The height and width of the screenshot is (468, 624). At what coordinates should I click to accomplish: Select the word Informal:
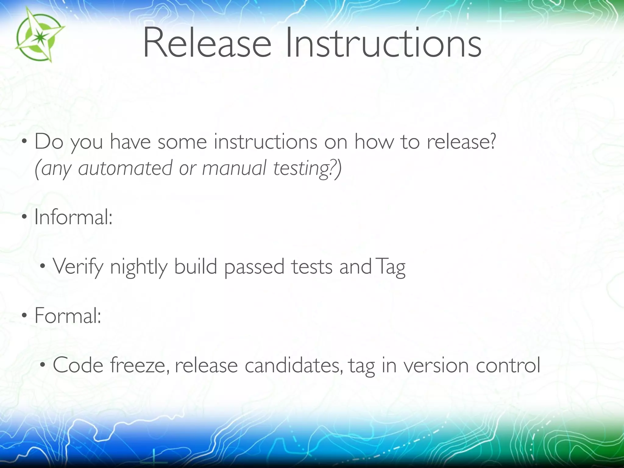coord(73,217)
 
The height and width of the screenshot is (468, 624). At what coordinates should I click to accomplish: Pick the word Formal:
coord(68,316)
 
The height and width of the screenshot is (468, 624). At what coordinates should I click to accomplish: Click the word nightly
coord(139,267)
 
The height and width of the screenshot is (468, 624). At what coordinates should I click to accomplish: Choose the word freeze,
coord(140,365)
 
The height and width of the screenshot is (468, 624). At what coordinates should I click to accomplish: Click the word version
coord(436,365)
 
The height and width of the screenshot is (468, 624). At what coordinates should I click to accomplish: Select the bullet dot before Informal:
coord(24,218)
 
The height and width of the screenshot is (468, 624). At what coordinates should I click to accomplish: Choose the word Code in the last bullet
coord(78,365)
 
